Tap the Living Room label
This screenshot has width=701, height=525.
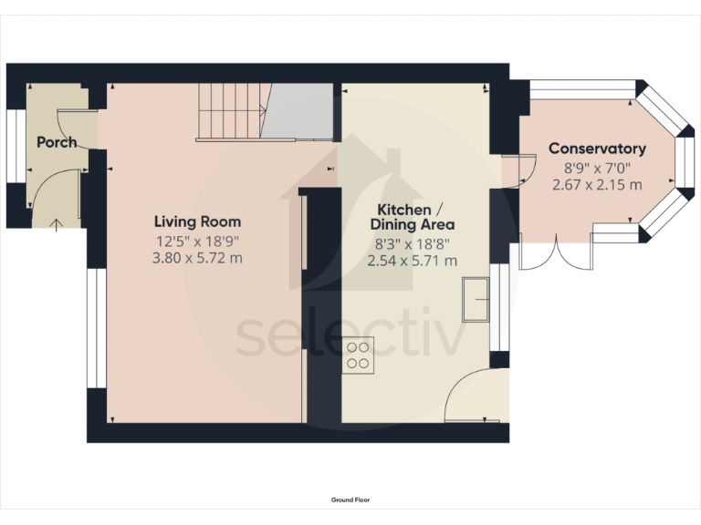(x=197, y=221)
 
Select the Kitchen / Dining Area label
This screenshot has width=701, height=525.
(x=412, y=216)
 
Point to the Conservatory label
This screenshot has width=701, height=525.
(x=597, y=149)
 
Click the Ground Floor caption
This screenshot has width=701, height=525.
(x=350, y=499)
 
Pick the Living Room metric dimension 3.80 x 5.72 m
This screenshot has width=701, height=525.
(x=197, y=258)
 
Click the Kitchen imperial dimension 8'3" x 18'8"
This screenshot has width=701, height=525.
(x=412, y=243)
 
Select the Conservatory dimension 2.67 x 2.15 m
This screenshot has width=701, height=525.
(x=597, y=184)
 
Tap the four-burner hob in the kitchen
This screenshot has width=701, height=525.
(x=359, y=355)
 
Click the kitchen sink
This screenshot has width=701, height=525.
(x=476, y=301)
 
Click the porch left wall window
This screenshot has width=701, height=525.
(x=13, y=146)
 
